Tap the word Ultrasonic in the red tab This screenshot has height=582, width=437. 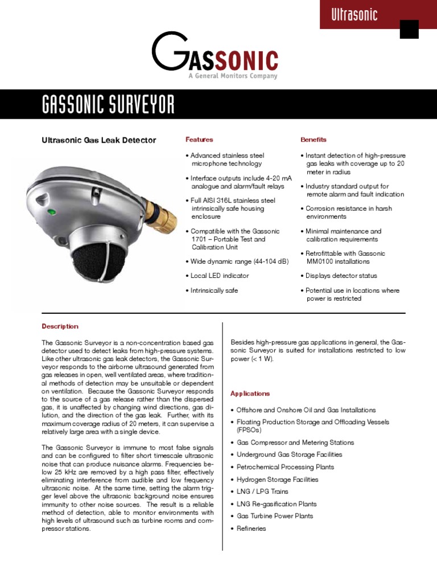coord(354,15)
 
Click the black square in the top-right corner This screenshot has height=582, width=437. coord(409,29)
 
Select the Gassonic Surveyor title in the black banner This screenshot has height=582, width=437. coord(108,105)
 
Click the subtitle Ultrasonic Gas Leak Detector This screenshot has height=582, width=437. coord(99,140)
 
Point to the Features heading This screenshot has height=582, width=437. coord(199,139)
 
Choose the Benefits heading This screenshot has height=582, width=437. coord(314,139)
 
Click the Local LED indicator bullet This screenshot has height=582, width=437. coord(219,276)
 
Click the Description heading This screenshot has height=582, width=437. coord(60,326)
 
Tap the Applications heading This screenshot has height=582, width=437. coord(250,393)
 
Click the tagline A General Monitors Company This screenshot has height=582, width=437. coord(233,76)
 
